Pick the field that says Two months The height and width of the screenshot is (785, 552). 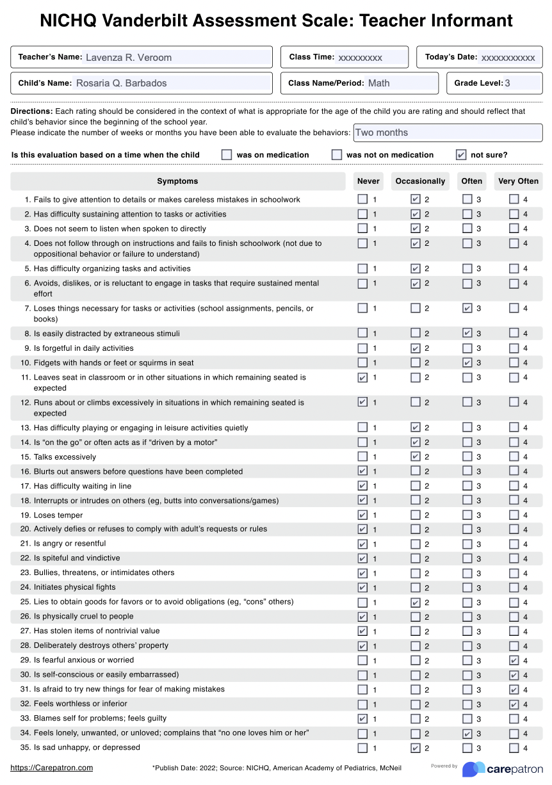tap(447, 133)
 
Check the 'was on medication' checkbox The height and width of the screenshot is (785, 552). tap(227, 154)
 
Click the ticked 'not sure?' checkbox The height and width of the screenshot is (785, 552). tap(461, 154)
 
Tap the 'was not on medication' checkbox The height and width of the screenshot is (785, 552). tap(337, 154)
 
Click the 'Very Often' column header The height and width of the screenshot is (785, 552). tap(518, 181)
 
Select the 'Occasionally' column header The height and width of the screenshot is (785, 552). tap(420, 181)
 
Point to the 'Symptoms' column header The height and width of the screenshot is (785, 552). tap(177, 181)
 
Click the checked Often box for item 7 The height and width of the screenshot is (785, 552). tap(467, 309)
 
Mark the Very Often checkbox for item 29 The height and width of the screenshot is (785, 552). tap(514, 660)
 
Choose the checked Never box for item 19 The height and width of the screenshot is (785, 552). tap(363, 515)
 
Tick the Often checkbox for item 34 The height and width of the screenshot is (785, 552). tap(467, 734)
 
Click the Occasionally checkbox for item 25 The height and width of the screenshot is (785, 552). tap(416, 603)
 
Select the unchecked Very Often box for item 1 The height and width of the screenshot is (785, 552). tap(514, 199)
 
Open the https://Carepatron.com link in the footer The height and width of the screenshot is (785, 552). tap(52, 768)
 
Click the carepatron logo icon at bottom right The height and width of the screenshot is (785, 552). tap(474, 769)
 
